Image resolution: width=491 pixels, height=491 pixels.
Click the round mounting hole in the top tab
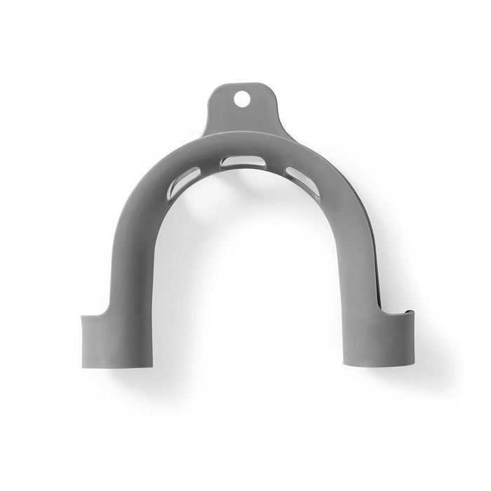coord(241,100)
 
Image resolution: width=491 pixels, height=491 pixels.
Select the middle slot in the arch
coord(243,161)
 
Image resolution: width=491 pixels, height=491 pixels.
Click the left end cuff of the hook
coord(118,340)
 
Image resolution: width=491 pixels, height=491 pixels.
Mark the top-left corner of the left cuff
coord(83,318)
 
